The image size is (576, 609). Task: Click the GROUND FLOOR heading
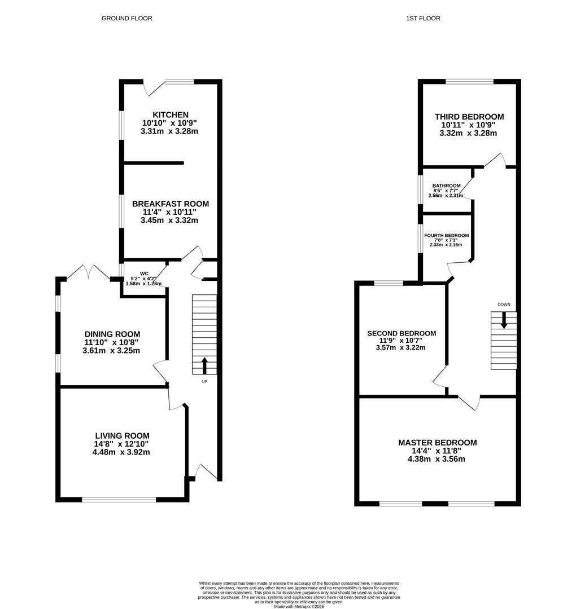(126, 19)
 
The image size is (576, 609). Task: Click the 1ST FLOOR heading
(423, 19)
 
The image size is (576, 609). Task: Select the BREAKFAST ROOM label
(171, 204)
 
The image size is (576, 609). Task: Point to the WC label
(144, 273)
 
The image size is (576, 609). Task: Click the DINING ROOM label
(112, 334)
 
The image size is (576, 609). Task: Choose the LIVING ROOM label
(122, 435)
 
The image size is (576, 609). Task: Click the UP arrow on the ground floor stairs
(204, 365)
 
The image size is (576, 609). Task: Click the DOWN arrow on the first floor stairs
(504, 321)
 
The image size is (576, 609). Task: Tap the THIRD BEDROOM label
(469, 117)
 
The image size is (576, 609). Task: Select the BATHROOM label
(446, 186)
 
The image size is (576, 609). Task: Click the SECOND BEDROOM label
(402, 333)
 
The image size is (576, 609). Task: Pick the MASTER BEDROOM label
(437, 443)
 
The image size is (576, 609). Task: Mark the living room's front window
(119, 499)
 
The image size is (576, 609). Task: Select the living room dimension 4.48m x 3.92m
(122, 452)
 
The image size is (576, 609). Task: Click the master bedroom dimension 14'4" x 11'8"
(437, 451)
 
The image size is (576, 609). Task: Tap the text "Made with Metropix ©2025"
(299, 606)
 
